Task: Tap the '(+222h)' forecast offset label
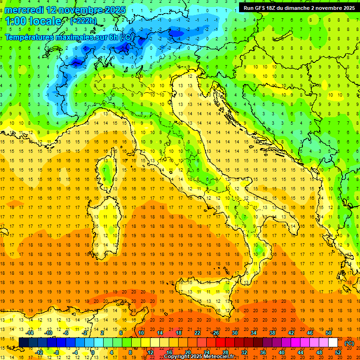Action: click(83, 21)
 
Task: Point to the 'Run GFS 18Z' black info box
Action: click(299, 7)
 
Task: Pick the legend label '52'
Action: click(338, 352)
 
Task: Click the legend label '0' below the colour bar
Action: click(93, 352)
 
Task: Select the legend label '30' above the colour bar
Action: click(234, 332)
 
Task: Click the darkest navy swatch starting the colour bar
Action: click(23, 343)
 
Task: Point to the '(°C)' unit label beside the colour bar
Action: click(349, 343)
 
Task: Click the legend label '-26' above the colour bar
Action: click(215, 332)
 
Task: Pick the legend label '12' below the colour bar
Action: click(150, 352)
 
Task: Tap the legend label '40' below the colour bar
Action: click(281, 352)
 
